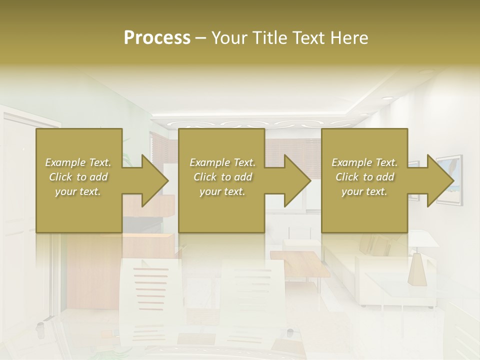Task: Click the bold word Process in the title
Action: tap(157, 38)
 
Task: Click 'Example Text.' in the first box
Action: tap(78, 162)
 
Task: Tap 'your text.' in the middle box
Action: tap(222, 191)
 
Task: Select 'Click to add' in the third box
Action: tap(365, 177)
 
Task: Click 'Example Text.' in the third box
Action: tap(365, 162)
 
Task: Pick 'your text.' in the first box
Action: tap(78, 191)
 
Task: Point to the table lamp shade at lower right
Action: tap(419, 270)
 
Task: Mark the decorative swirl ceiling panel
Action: tap(250, 123)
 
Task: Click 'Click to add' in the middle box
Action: tap(222, 177)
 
